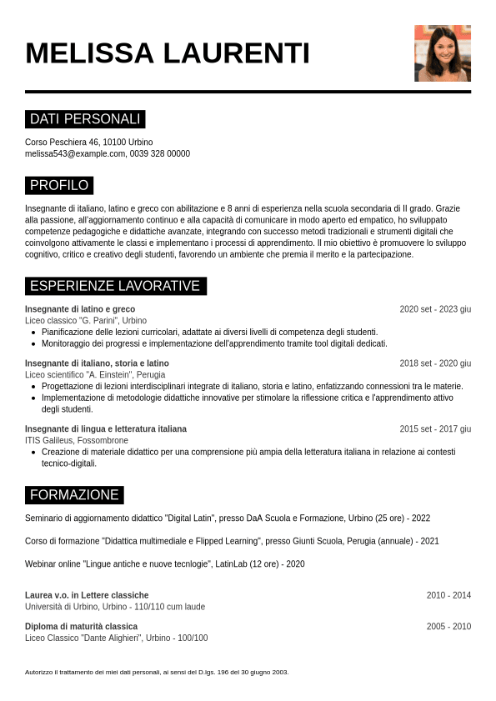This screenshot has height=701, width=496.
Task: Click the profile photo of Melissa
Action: pyautogui.click(x=443, y=53)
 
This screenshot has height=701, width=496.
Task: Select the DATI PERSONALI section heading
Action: pyautogui.click(x=85, y=119)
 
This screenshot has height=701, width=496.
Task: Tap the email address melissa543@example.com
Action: pyautogui.click(x=75, y=154)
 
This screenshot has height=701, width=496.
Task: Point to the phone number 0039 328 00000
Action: pyautogui.click(x=160, y=154)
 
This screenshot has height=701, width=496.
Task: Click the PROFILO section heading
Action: pyautogui.click(x=59, y=185)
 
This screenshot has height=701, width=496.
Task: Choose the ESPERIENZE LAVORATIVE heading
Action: pyautogui.click(x=115, y=286)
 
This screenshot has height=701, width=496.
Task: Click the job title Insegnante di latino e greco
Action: pyautogui.click(x=80, y=309)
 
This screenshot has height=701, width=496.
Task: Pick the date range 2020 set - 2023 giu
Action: pyautogui.click(x=435, y=309)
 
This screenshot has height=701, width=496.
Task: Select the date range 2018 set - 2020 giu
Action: pyautogui.click(x=435, y=363)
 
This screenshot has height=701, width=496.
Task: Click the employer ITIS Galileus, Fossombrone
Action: pyautogui.click(x=77, y=440)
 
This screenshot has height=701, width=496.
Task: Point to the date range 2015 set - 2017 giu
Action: pyautogui.click(x=435, y=429)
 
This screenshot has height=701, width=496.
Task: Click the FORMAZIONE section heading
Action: pyautogui.click(x=74, y=495)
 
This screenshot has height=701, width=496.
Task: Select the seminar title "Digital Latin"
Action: pyautogui.click(x=190, y=518)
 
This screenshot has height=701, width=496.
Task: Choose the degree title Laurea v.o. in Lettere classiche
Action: pyautogui.click(x=87, y=595)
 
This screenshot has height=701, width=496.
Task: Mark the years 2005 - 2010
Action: pyautogui.click(x=448, y=627)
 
